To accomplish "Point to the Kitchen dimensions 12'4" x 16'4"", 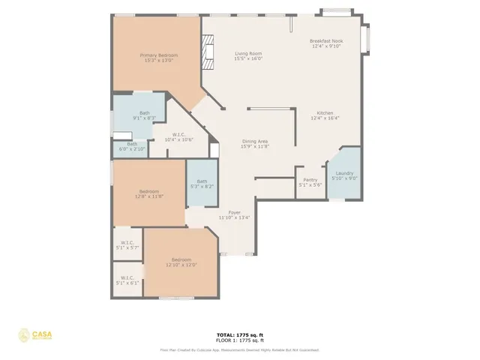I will point(325,118).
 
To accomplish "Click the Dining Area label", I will point(255,142).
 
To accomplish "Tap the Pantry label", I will point(310,179).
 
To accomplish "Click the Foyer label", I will point(235,212).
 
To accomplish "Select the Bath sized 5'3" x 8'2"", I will point(202,183).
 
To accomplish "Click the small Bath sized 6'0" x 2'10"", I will point(132,146).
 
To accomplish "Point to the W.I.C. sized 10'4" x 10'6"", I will point(178,136).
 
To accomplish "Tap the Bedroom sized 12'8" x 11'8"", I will point(148,193).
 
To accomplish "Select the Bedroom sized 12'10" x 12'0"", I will point(176,262).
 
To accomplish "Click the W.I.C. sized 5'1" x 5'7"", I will point(127,244).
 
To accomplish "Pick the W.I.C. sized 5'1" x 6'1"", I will point(127,281).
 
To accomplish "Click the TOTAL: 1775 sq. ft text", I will point(239,335).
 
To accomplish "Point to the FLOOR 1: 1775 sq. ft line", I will point(239,340).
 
